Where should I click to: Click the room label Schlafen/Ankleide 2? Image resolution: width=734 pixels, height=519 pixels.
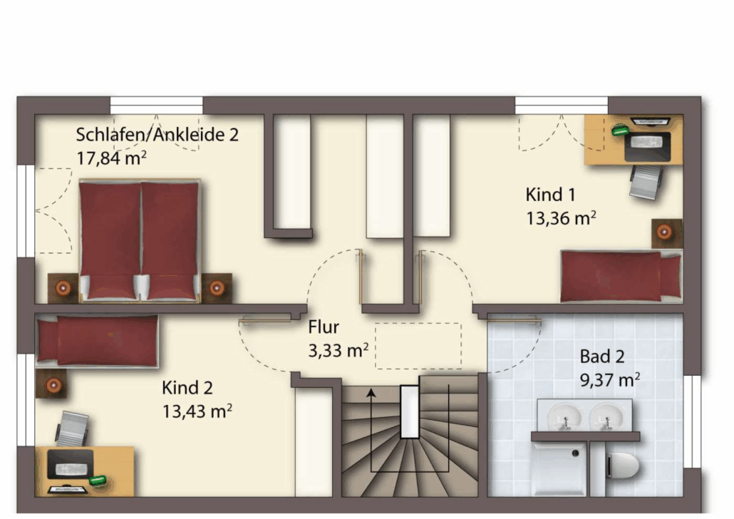click(x=157, y=135)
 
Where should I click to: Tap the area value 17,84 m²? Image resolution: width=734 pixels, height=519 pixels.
click(x=111, y=158)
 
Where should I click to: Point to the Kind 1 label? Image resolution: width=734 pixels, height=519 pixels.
click(x=550, y=195)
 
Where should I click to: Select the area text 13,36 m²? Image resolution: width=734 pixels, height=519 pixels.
click(x=561, y=218)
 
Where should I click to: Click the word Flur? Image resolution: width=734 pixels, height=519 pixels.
click(x=324, y=327)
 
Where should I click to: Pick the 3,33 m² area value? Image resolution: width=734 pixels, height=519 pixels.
click(x=338, y=350)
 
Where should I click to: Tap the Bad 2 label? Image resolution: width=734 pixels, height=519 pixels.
click(x=602, y=356)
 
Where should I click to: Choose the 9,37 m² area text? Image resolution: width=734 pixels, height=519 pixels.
click(x=610, y=380)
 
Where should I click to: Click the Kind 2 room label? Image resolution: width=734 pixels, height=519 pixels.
click(x=187, y=388)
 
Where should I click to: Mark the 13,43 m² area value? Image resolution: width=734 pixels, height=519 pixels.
click(x=197, y=411)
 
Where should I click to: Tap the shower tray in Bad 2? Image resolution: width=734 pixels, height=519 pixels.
click(x=559, y=469)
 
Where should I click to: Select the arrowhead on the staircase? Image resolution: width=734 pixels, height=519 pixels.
click(x=371, y=393)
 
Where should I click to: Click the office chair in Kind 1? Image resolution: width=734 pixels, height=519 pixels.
click(x=645, y=182)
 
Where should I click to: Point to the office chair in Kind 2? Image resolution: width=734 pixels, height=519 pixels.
click(x=71, y=429)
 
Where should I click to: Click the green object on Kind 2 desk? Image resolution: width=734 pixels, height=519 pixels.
click(x=98, y=480)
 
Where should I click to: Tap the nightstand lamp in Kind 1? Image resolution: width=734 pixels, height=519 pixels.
click(x=664, y=232)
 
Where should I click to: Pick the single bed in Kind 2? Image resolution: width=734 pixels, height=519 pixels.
click(x=98, y=341)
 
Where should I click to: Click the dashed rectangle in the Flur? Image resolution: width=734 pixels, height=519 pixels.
click(x=418, y=346)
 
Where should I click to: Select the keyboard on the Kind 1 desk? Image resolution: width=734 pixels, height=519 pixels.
click(x=648, y=140)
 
